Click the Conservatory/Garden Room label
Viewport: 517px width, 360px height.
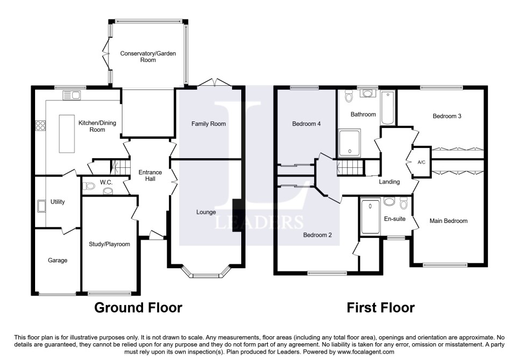tap(148, 57)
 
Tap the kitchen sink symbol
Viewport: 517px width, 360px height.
tap(72, 96)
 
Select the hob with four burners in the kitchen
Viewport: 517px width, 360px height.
tap(40, 126)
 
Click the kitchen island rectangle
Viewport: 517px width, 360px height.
tap(66, 133)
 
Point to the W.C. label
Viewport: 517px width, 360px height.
tap(106, 182)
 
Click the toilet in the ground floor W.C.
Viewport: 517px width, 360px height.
tap(90, 186)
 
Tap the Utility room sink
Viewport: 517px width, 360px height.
tap(41, 206)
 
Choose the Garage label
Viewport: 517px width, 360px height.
tap(57, 261)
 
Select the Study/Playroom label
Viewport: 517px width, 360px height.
tap(110, 244)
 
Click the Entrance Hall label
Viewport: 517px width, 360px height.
tap(151, 175)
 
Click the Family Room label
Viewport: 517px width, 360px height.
tap(209, 124)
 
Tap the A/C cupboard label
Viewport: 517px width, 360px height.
tap(421, 162)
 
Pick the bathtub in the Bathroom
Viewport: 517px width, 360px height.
tap(388, 108)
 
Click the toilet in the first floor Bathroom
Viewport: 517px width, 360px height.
tap(349, 96)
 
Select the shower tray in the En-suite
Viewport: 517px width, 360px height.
tap(370, 216)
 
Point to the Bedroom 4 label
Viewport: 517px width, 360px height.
tap(307, 124)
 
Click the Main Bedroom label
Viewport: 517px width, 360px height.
tap(448, 221)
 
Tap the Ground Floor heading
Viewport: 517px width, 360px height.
tap(138, 308)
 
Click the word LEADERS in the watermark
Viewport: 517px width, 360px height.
tap(259, 222)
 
